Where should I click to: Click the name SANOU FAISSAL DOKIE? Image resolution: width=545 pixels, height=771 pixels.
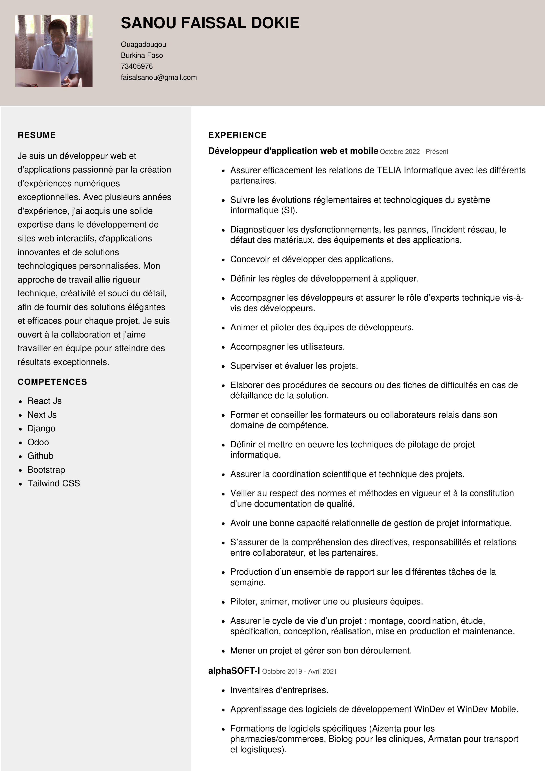point(210,23)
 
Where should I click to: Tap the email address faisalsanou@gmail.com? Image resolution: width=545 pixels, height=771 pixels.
point(158,78)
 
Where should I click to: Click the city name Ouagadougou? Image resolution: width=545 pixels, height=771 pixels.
point(143,45)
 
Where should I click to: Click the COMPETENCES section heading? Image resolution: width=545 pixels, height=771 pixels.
point(52,382)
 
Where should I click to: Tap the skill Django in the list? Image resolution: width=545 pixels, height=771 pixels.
point(41,428)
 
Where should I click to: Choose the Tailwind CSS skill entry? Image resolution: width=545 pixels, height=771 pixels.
point(54,483)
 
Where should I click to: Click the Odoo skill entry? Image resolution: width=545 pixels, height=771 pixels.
point(38,442)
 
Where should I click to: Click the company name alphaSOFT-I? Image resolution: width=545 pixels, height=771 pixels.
point(234,671)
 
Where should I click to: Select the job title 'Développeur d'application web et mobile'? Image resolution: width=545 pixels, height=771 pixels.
point(293,151)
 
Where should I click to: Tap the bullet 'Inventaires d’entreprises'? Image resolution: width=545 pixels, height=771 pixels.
point(279,690)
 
